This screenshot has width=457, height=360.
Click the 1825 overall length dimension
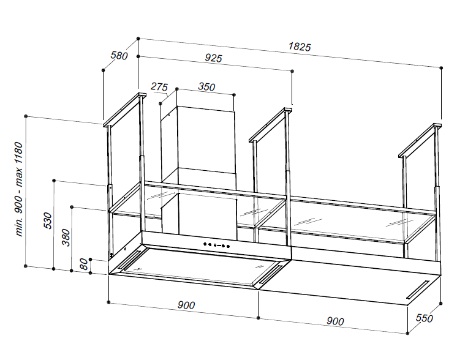click(300, 47)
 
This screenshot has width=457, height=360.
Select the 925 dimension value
click(213, 58)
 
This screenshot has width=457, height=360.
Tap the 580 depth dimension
click(119, 55)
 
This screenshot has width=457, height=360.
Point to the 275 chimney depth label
click(159, 87)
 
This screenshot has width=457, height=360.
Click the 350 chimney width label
click(206, 86)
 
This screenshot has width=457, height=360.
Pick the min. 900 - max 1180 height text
click(18, 189)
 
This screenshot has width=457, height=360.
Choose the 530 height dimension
click(48, 220)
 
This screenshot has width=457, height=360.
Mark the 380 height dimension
click(66, 238)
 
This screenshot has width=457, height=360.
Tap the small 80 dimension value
click(84, 264)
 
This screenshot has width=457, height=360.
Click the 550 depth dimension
click(424, 318)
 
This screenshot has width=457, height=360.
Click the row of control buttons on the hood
click(216, 246)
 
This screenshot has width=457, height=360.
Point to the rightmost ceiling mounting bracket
click(420, 141)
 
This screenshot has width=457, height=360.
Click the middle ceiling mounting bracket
click(271, 126)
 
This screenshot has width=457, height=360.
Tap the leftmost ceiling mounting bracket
click(124, 110)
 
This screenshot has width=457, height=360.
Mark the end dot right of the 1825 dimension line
click(441, 68)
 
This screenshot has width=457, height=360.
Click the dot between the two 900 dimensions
click(259, 318)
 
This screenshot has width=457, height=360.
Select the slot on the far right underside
click(418, 290)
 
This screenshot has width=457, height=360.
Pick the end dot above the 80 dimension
click(91, 259)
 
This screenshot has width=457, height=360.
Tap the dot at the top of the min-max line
click(26, 116)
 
